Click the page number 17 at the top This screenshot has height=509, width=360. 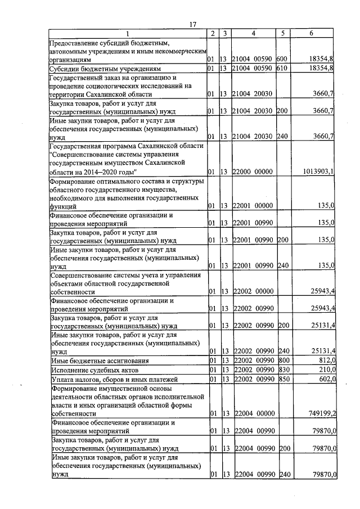point(192,24)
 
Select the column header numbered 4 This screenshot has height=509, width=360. point(253,34)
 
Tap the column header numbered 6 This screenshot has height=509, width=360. point(312,34)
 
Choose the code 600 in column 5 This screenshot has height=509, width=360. point(282,58)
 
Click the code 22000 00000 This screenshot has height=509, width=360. point(253,172)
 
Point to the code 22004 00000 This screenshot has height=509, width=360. point(253,413)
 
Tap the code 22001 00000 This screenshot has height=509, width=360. point(253,206)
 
